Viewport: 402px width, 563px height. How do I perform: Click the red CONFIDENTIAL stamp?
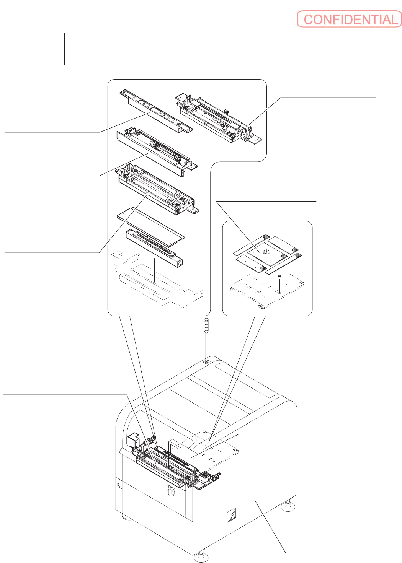349,19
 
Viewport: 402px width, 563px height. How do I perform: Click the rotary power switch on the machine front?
171,491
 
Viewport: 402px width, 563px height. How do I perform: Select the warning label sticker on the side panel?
231,515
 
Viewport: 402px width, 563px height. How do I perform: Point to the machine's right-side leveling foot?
288,506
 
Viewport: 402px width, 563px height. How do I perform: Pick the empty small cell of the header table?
32,49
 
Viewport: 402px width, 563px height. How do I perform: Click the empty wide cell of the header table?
222,49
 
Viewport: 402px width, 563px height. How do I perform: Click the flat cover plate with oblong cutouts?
157,111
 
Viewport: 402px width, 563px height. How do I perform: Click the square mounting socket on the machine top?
206,360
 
